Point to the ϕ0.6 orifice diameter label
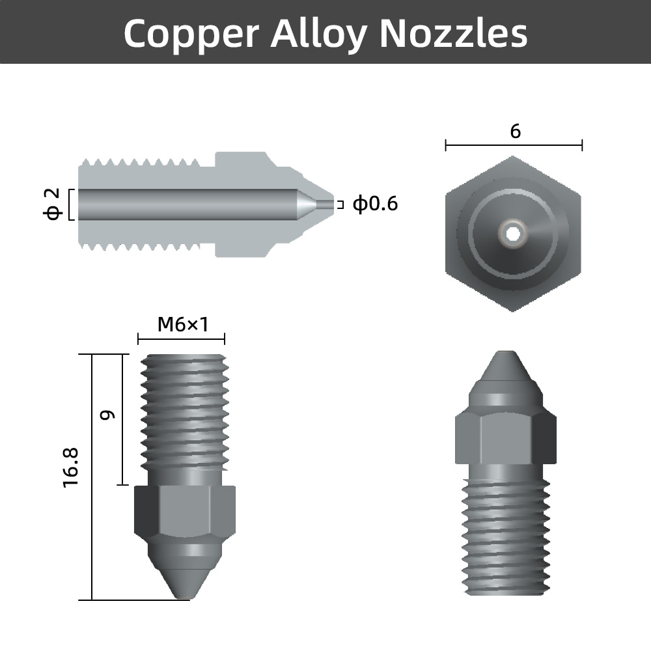coord(375,204)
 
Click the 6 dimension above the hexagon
coord(515,131)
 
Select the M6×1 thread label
coord(182,324)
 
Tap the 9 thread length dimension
coord(109,414)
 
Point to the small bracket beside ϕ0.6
coord(339,204)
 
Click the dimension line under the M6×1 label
coord(181,339)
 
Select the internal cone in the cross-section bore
coord(305,204)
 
